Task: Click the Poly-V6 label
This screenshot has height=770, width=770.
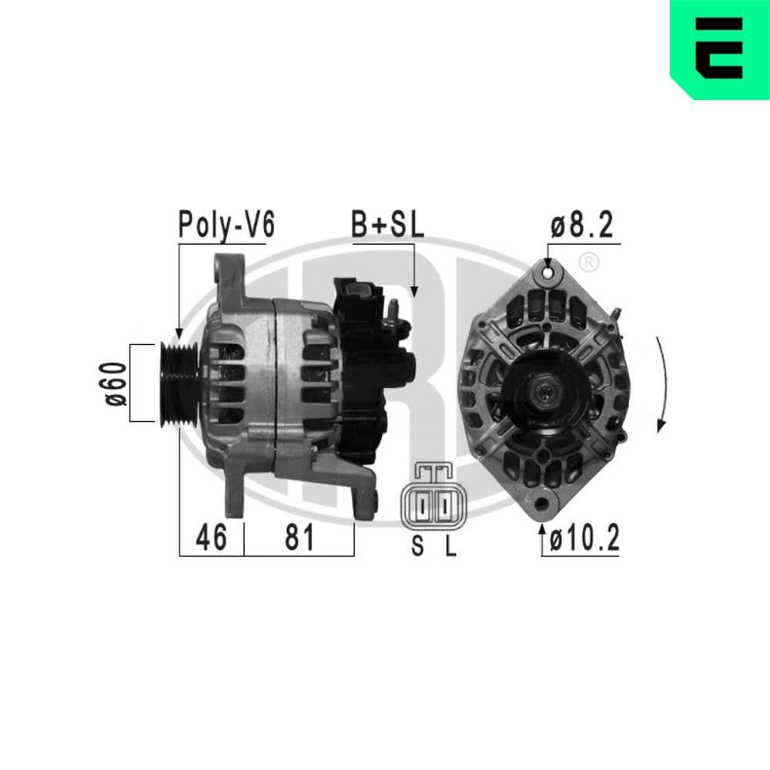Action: pyautogui.click(x=226, y=224)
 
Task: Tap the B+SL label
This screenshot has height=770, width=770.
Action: pyautogui.click(x=387, y=224)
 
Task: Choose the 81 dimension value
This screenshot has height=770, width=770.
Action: pyautogui.click(x=300, y=538)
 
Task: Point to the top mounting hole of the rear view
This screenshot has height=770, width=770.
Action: pyautogui.click(x=547, y=271)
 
